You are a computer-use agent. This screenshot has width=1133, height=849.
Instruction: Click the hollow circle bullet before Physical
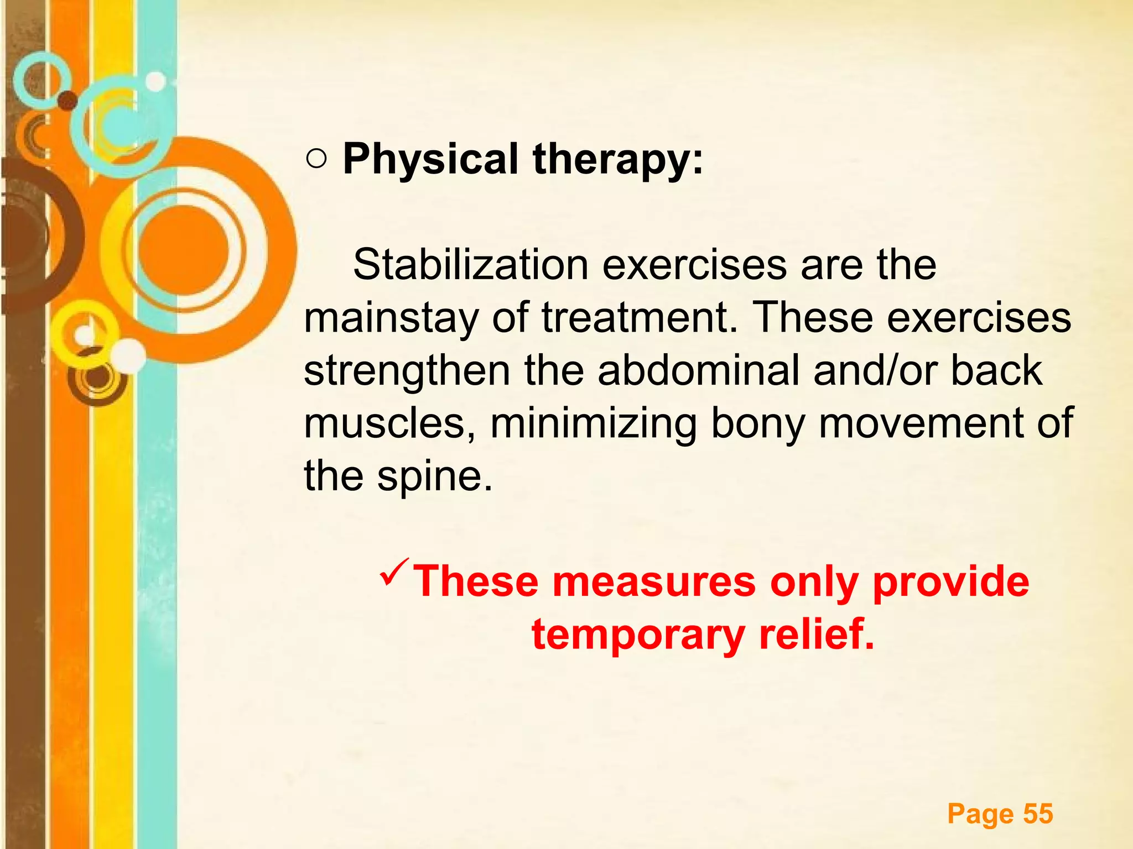[x=316, y=160]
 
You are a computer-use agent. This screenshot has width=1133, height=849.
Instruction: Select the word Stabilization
[x=470, y=265]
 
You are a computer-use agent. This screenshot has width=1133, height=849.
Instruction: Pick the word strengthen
[x=407, y=371]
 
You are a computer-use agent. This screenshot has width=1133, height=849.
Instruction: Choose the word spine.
[x=434, y=476]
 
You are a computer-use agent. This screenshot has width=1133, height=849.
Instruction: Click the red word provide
[x=950, y=582]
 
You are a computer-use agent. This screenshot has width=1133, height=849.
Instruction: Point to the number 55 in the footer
[x=1038, y=814]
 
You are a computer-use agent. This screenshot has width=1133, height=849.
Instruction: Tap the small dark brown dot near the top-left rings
[x=67, y=100]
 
